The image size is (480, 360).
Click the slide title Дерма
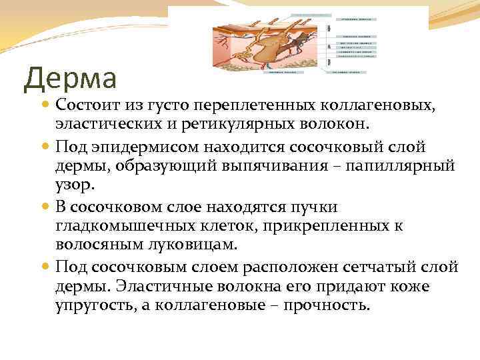(x=70, y=78)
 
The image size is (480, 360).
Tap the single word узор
(x=73, y=185)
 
